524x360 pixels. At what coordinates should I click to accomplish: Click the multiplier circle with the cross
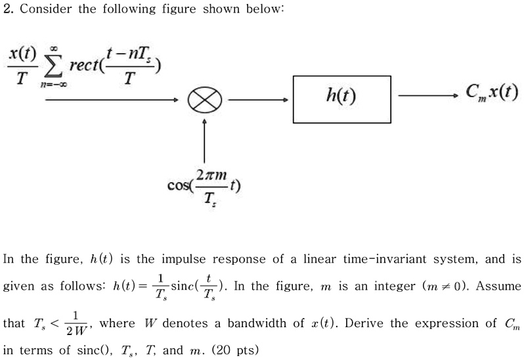(206, 100)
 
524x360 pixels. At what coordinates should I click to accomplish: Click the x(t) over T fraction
(20, 66)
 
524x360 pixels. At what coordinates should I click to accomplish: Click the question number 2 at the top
(8, 9)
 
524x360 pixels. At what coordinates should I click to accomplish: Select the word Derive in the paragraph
(363, 323)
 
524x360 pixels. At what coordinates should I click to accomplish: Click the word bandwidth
(239, 323)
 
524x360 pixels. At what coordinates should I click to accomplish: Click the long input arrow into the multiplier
(92, 100)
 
